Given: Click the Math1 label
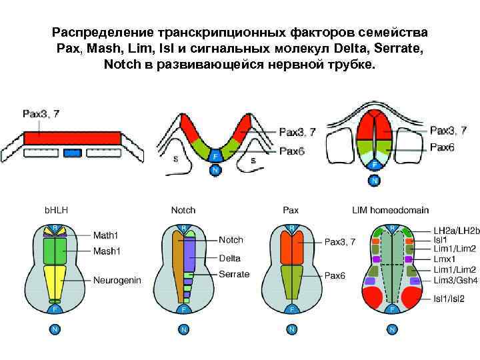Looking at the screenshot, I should [107, 234].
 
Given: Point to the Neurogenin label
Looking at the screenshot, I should [117, 280].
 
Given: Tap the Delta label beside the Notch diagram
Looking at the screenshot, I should [230, 258].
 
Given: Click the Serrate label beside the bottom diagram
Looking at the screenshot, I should [234, 274].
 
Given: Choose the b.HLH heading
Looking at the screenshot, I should [57, 210].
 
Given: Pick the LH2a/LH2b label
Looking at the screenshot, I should [457, 231].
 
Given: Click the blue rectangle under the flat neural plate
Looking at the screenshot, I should [71, 153].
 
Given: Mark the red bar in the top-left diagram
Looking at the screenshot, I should [71, 137].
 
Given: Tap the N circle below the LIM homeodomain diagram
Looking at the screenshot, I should [393, 329].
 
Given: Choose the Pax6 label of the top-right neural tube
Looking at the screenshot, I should [441, 147].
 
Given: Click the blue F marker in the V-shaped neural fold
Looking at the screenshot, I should [215, 157].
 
